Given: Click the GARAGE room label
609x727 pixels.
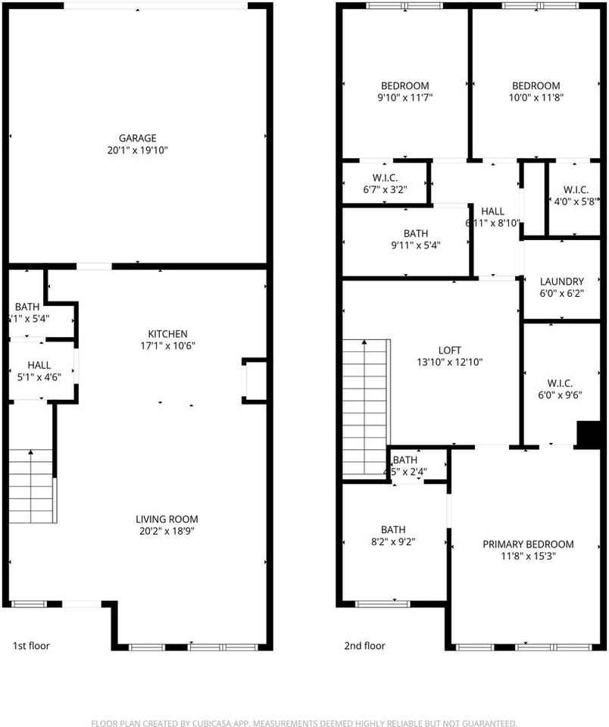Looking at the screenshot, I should coord(137,138).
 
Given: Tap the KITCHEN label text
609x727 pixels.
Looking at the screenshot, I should coord(167,333).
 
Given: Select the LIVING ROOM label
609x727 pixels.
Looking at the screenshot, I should coord(167,519).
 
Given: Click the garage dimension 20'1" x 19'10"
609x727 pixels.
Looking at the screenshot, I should coord(137,151).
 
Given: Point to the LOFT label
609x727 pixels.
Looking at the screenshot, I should coord(449,350).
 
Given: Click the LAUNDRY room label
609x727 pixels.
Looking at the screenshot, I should coord(561,280).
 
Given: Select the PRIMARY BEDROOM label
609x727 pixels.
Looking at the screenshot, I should coord(528,544).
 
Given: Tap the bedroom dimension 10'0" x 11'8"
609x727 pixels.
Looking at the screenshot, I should coord(536,98).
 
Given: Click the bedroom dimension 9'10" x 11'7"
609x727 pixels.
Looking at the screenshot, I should coord(404,98).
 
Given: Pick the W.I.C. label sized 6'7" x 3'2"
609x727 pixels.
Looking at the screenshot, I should coord(386,177).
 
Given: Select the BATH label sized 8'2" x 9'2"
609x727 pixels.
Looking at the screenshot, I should coord(392,529).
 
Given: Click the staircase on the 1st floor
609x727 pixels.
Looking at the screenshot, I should coord(33,485).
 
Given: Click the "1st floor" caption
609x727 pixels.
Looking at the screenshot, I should coord(31,646).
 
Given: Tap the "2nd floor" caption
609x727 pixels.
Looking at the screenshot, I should coord(364,646).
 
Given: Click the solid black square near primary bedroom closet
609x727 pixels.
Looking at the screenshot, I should coord(588,435).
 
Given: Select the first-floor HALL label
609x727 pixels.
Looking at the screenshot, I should coord(39,365).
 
